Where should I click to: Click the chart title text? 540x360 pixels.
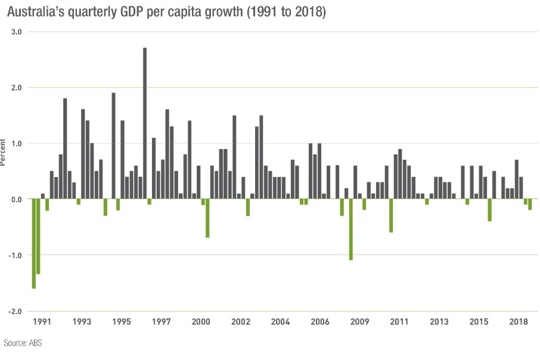click(x=166, y=12)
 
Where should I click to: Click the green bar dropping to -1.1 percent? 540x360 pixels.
click(x=351, y=229)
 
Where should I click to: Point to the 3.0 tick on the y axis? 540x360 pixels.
click(x=17, y=32)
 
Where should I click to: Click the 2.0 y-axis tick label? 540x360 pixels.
click(x=17, y=88)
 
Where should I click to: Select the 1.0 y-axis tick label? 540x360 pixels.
click(x=17, y=144)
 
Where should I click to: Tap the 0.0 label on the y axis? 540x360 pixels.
click(x=17, y=199)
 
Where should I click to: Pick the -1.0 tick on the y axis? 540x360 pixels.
click(x=15, y=255)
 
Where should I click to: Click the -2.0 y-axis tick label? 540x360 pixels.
click(x=15, y=311)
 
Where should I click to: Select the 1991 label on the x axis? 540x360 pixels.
click(x=42, y=322)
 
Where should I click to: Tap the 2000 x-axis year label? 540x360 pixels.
click(x=201, y=322)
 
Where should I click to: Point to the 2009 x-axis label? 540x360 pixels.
click(x=359, y=322)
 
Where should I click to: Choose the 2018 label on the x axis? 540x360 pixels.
click(x=519, y=322)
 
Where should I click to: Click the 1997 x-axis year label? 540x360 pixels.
click(x=161, y=322)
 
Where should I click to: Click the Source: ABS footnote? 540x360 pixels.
click(x=23, y=343)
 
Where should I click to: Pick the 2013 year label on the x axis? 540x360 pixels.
click(x=439, y=322)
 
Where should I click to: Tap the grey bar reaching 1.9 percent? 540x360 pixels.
click(x=113, y=146)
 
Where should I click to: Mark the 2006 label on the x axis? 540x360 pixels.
click(x=320, y=322)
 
